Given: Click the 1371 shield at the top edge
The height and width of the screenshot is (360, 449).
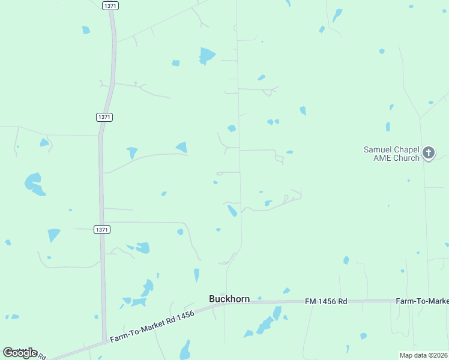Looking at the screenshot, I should [x=110, y=5].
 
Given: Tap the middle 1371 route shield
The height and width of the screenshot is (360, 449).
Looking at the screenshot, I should [x=104, y=117].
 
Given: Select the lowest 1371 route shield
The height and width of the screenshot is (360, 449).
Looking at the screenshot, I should [x=103, y=229].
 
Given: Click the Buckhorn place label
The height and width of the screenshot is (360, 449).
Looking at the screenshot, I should [x=229, y=298].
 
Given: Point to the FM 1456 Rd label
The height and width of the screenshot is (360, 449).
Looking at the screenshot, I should [x=326, y=301].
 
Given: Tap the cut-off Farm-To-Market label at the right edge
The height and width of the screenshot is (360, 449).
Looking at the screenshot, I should [x=422, y=301].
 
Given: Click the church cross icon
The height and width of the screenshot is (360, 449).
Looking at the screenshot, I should [x=429, y=153].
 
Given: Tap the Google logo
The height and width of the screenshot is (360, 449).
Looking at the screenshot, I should [x=20, y=353].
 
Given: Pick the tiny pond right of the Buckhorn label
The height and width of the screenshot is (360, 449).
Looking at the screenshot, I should [x=259, y=298].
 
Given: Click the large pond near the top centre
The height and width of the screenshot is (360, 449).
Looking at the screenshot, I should [x=207, y=55].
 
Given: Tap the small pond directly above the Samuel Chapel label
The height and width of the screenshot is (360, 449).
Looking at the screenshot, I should [x=388, y=127].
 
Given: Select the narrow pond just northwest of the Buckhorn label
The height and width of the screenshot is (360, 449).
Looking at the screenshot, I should [x=196, y=275].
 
